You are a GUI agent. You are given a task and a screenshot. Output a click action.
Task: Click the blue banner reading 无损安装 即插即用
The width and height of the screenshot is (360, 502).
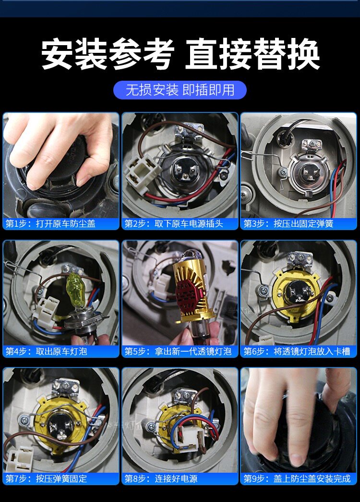pyautogui.click(x=180, y=90)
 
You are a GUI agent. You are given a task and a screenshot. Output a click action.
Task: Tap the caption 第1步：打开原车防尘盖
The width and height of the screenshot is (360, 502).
pyautogui.click(x=50, y=223)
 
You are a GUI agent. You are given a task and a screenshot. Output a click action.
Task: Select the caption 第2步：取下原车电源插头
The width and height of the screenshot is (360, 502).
pyautogui.click(x=173, y=223)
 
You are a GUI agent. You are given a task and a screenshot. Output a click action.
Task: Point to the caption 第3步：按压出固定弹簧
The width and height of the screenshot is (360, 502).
pyautogui.click(x=288, y=223)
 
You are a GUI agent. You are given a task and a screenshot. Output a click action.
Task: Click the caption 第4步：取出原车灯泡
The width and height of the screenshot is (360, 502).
pyautogui.click(x=47, y=351)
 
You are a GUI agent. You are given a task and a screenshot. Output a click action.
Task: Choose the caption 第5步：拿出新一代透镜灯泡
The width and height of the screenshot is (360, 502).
pyautogui.click(x=178, y=351)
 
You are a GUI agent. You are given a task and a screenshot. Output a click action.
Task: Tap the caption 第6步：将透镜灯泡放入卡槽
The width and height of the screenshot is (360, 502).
pyautogui.click(x=297, y=351)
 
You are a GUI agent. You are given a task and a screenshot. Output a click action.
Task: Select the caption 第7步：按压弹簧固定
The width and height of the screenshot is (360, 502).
pyautogui.click(x=47, y=478)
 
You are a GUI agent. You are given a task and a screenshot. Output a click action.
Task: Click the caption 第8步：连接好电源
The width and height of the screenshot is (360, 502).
pyautogui.click(x=161, y=478)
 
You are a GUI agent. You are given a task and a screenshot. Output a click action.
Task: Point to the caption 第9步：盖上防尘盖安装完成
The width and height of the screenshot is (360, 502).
pyautogui.click(x=297, y=478)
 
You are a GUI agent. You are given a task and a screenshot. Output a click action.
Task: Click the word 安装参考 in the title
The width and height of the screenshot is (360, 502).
pyautogui.click(x=108, y=54)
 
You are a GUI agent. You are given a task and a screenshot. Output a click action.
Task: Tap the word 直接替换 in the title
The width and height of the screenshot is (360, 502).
pyautogui.click(x=252, y=54)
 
